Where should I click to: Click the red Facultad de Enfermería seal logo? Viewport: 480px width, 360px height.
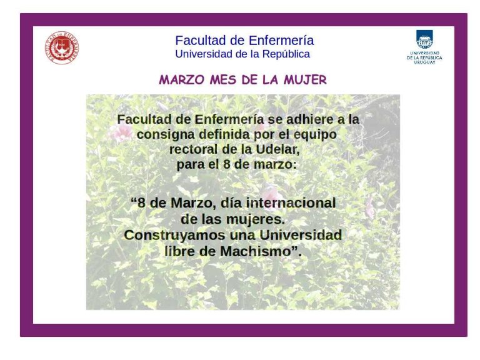click(62, 47)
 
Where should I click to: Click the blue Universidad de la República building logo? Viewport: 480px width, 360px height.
click(424, 39)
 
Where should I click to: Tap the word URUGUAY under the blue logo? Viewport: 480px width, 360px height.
click(424, 62)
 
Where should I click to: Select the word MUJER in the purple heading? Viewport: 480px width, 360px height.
click(305, 80)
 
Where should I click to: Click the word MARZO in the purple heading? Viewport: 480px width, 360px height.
click(182, 80)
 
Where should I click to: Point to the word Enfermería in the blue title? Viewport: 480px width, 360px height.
click(281, 41)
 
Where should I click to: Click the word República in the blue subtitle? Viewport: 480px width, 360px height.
click(286, 54)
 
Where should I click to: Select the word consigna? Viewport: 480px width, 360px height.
click(166, 135)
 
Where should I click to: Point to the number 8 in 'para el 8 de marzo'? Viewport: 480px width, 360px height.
click(226, 164)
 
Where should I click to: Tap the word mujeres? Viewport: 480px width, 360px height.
click(255, 219)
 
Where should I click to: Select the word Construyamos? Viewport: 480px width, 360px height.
click(175, 236)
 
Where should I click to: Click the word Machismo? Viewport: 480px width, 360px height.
click(255, 252)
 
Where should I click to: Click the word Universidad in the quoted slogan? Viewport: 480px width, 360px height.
click(301, 235)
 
